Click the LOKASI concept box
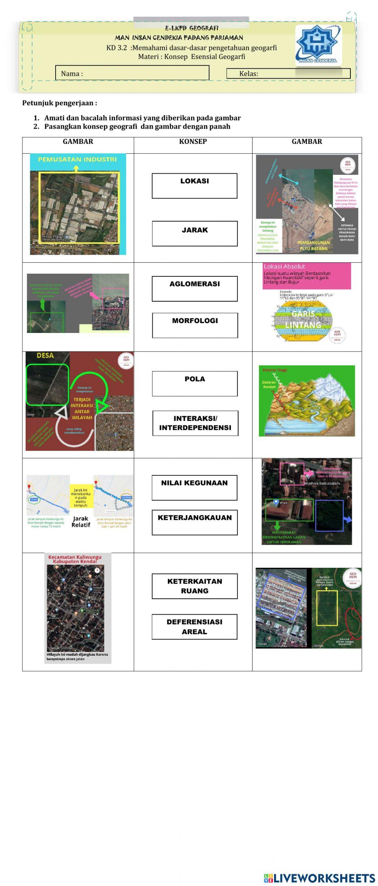[x=194, y=186]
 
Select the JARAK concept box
[x=195, y=234]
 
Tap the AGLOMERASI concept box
[x=195, y=289]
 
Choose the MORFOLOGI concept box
[x=195, y=325]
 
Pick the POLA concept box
[x=195, y=384]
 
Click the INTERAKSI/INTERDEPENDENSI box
[x=195, y=423]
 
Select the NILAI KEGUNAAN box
[x=194, y=488]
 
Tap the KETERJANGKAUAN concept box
[x=195, y=522]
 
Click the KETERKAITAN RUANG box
[x=195, y=586]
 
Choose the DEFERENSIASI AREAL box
[x=194, y=627]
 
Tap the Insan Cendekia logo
[x=318, y=45]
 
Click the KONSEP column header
[x=193, y=142]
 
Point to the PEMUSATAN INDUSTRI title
[x=77, y=159]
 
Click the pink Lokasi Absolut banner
[x=307, y=276]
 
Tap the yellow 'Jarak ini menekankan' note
[x=81, y=497]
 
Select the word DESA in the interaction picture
[x=45, y=356]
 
